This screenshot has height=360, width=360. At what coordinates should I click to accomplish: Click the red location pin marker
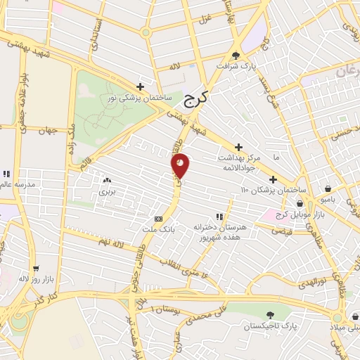pos(180,165)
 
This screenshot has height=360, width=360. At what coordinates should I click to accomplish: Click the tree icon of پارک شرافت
pos(236,55)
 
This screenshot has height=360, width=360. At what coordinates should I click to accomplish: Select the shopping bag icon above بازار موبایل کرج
pos(300,202)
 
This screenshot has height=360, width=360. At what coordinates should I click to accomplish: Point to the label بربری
pos(106,191)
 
